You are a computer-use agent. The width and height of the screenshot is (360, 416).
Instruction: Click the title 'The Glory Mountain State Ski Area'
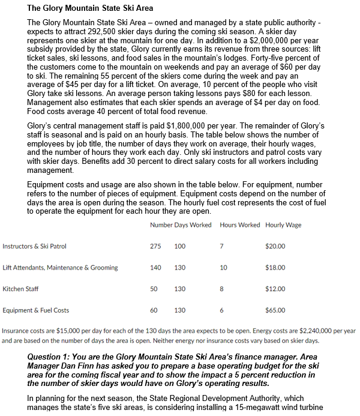point(90,8)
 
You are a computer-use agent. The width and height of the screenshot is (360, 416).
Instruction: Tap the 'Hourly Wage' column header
point(283,225)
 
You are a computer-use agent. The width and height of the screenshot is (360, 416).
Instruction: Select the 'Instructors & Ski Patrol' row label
point(35,246)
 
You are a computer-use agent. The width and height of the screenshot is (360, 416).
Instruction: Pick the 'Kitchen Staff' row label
point(20,289)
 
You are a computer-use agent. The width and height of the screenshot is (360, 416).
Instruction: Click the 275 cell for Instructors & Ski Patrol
point(155,246)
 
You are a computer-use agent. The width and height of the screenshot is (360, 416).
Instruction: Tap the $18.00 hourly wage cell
point(275,268)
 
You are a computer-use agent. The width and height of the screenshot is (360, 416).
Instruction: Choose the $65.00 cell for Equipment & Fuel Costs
point(275,310)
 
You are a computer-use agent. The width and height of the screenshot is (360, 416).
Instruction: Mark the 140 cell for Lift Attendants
point(155,268)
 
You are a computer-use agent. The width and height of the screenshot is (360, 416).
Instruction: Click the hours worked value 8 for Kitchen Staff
point(222,289)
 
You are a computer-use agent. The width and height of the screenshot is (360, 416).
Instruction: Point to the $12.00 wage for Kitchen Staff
point(275,289)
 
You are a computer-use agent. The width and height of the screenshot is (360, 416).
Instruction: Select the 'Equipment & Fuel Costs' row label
point(36,310)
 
